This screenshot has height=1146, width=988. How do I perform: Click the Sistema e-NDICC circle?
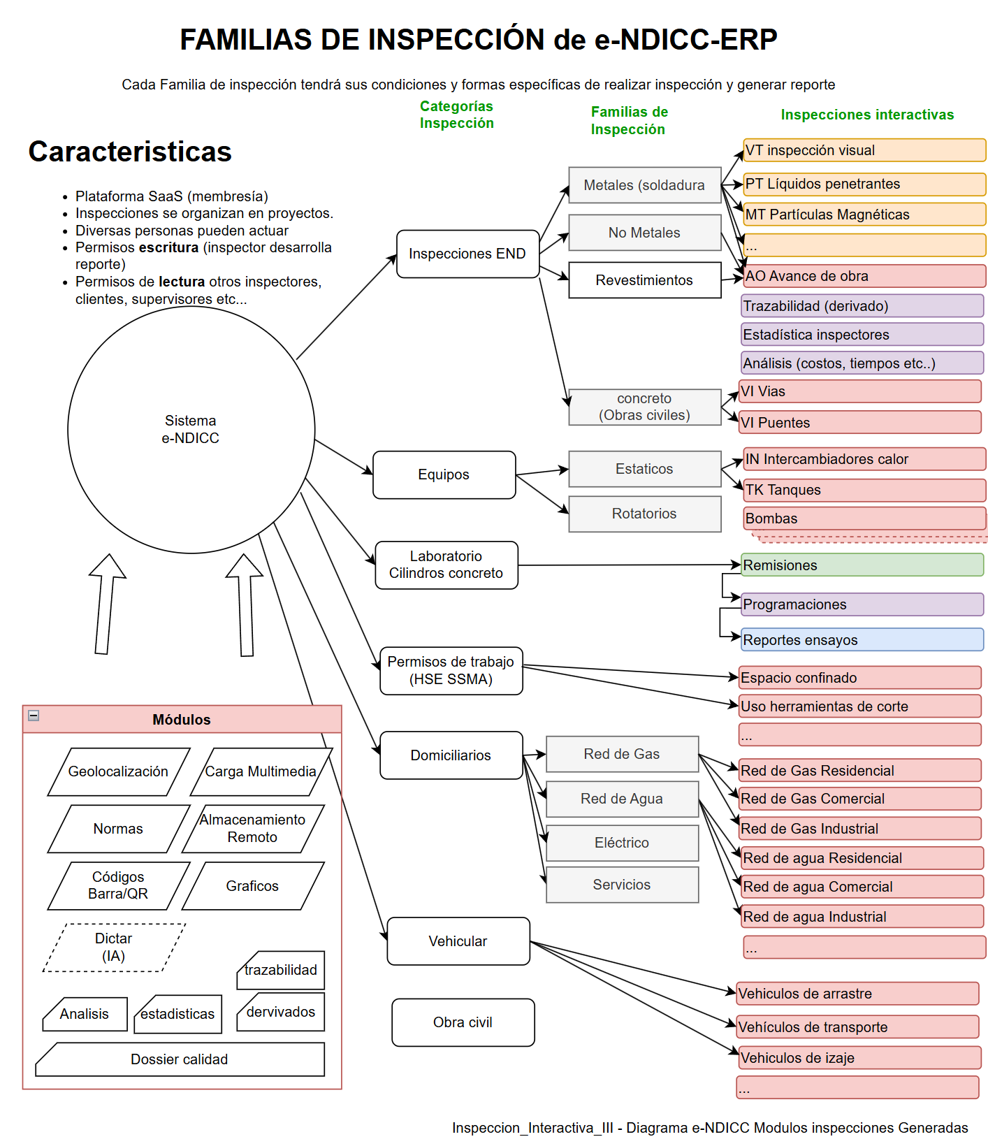pos(191,430)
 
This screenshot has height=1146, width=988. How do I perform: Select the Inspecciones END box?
pos(467,254)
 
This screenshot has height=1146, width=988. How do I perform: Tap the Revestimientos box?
pos(644,280)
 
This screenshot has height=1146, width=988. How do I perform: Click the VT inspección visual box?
pos(864,150)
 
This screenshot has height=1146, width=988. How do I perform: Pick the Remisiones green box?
pos(862,565)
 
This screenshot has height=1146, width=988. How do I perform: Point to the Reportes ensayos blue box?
pos(862,640)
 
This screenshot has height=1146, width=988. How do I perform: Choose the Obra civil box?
pos(463,1022)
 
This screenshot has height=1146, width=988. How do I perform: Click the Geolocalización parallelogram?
pos(118,771)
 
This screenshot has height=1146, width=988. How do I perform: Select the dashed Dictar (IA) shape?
pos(114,948)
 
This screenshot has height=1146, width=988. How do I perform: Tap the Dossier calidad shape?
pos(180,1059)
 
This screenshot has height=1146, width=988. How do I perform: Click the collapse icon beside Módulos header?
pos(34,716)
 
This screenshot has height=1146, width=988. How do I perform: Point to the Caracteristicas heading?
pos(130,152)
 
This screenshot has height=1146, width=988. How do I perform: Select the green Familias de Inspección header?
pos(629,120)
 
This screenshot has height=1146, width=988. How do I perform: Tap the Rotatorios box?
pos(644,514)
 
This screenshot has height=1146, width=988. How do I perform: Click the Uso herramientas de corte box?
pos(859,706)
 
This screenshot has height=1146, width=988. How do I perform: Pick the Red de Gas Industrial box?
pos(859,829)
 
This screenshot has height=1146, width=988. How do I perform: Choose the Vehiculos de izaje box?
pos(859,1058)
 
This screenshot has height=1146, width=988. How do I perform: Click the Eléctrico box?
pos(622,843)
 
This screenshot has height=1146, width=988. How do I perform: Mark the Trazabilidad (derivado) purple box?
pos(862,306)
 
